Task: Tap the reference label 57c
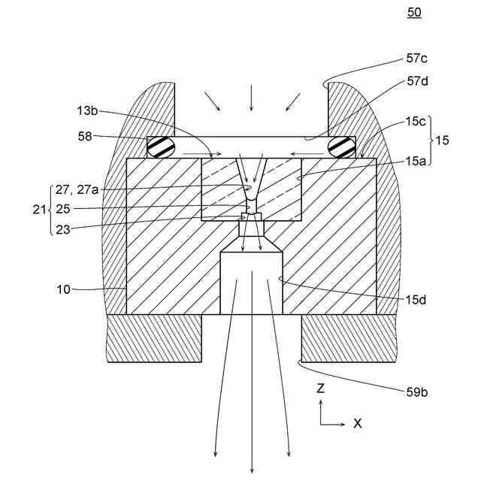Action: pos(418,58)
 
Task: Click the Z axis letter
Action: pos(320,389)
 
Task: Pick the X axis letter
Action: pos(358,423)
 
